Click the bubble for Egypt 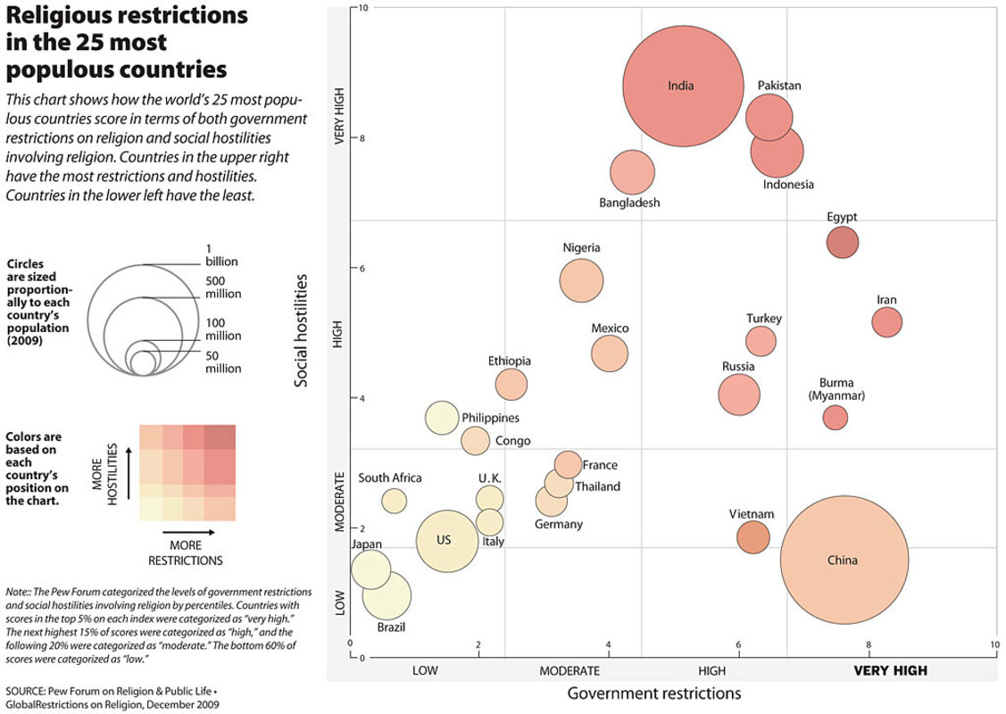[x=843, y=241]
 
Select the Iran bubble [x=887, y=321]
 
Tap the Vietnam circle [x=753, y=536]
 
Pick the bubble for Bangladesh [x=633, y=173]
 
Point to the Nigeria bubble [x=582, y=280]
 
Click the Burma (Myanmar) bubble [x=836, y=417]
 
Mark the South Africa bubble [x=395, y=501]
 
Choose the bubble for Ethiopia [x=511, y=385]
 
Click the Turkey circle [x=761, y=340]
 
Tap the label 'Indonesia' [x=788, y=185]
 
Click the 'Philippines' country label [x=490, y=418]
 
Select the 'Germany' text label [x=559, y=524]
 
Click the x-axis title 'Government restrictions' [x=654, y=693]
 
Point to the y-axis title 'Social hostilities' [x=302, y=330]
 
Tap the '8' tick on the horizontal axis [x=868, y=644]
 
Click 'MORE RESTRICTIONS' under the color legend [x=186, y=553]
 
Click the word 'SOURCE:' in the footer [x=28, y=692]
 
